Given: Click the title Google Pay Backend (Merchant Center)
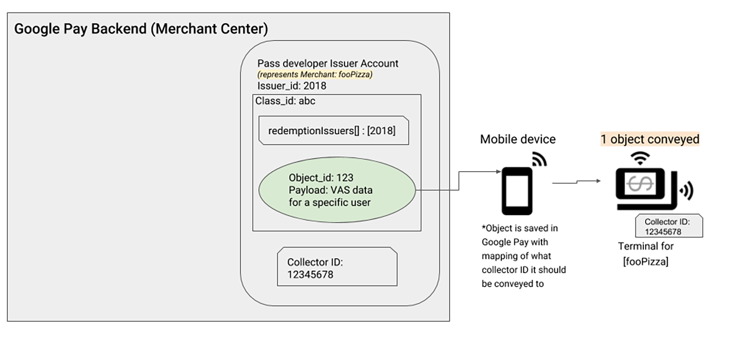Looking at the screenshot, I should [141, 29].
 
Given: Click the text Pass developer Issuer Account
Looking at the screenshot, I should [328, 64].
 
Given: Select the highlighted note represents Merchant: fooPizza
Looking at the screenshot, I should [314, 75].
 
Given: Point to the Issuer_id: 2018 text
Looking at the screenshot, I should [292, 85].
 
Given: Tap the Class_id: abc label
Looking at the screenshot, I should [286, 101].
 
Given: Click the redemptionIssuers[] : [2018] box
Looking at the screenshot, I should [332, 131].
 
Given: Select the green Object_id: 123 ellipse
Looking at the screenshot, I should [338, 190].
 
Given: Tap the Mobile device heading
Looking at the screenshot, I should [518, 139].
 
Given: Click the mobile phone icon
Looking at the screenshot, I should [517, 191].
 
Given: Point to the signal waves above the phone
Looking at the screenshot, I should [539, 159].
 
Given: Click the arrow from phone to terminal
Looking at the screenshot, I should [576, 182].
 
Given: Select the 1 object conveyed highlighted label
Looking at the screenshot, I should [650, 139].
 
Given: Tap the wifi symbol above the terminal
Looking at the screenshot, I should [639, 159].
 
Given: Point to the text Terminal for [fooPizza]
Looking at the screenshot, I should [646, 254].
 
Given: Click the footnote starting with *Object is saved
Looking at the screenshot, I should [523, 255].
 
